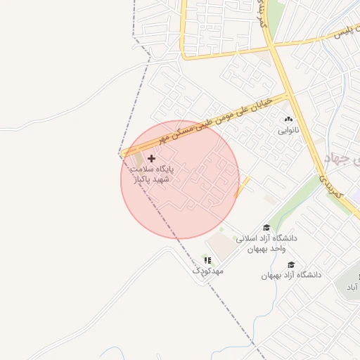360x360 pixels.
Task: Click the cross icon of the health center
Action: pos(152,159)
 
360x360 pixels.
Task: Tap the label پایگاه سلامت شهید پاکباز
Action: pos(150,174)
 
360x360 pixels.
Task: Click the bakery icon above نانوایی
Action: pos(288,120)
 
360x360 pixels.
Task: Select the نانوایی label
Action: pos(288,130)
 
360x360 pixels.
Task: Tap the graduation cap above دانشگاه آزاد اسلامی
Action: pos(266,227)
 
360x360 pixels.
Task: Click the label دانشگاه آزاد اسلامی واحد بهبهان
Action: pos(266,243)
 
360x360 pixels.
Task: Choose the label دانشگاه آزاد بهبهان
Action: pos(291,275)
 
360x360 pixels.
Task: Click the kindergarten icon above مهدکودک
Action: pos(207,260)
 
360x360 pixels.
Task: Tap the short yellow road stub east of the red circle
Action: pos(242,187)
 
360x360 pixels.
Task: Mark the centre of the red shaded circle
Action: pos(180,179)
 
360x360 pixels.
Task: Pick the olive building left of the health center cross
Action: pos(136,160)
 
